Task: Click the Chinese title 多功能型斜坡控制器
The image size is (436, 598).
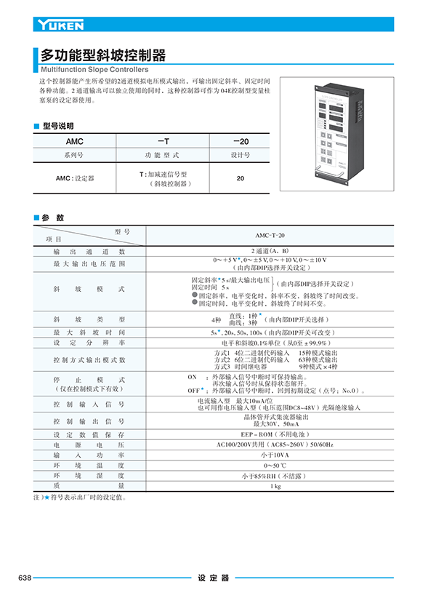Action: (103, 55)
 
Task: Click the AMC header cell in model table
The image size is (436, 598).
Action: (75, 141)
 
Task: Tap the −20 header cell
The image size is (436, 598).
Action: (241, 141)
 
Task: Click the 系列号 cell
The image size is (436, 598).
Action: (75, 155)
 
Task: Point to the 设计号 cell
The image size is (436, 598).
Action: (241, 155)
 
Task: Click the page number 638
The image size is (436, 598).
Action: (24, 578)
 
